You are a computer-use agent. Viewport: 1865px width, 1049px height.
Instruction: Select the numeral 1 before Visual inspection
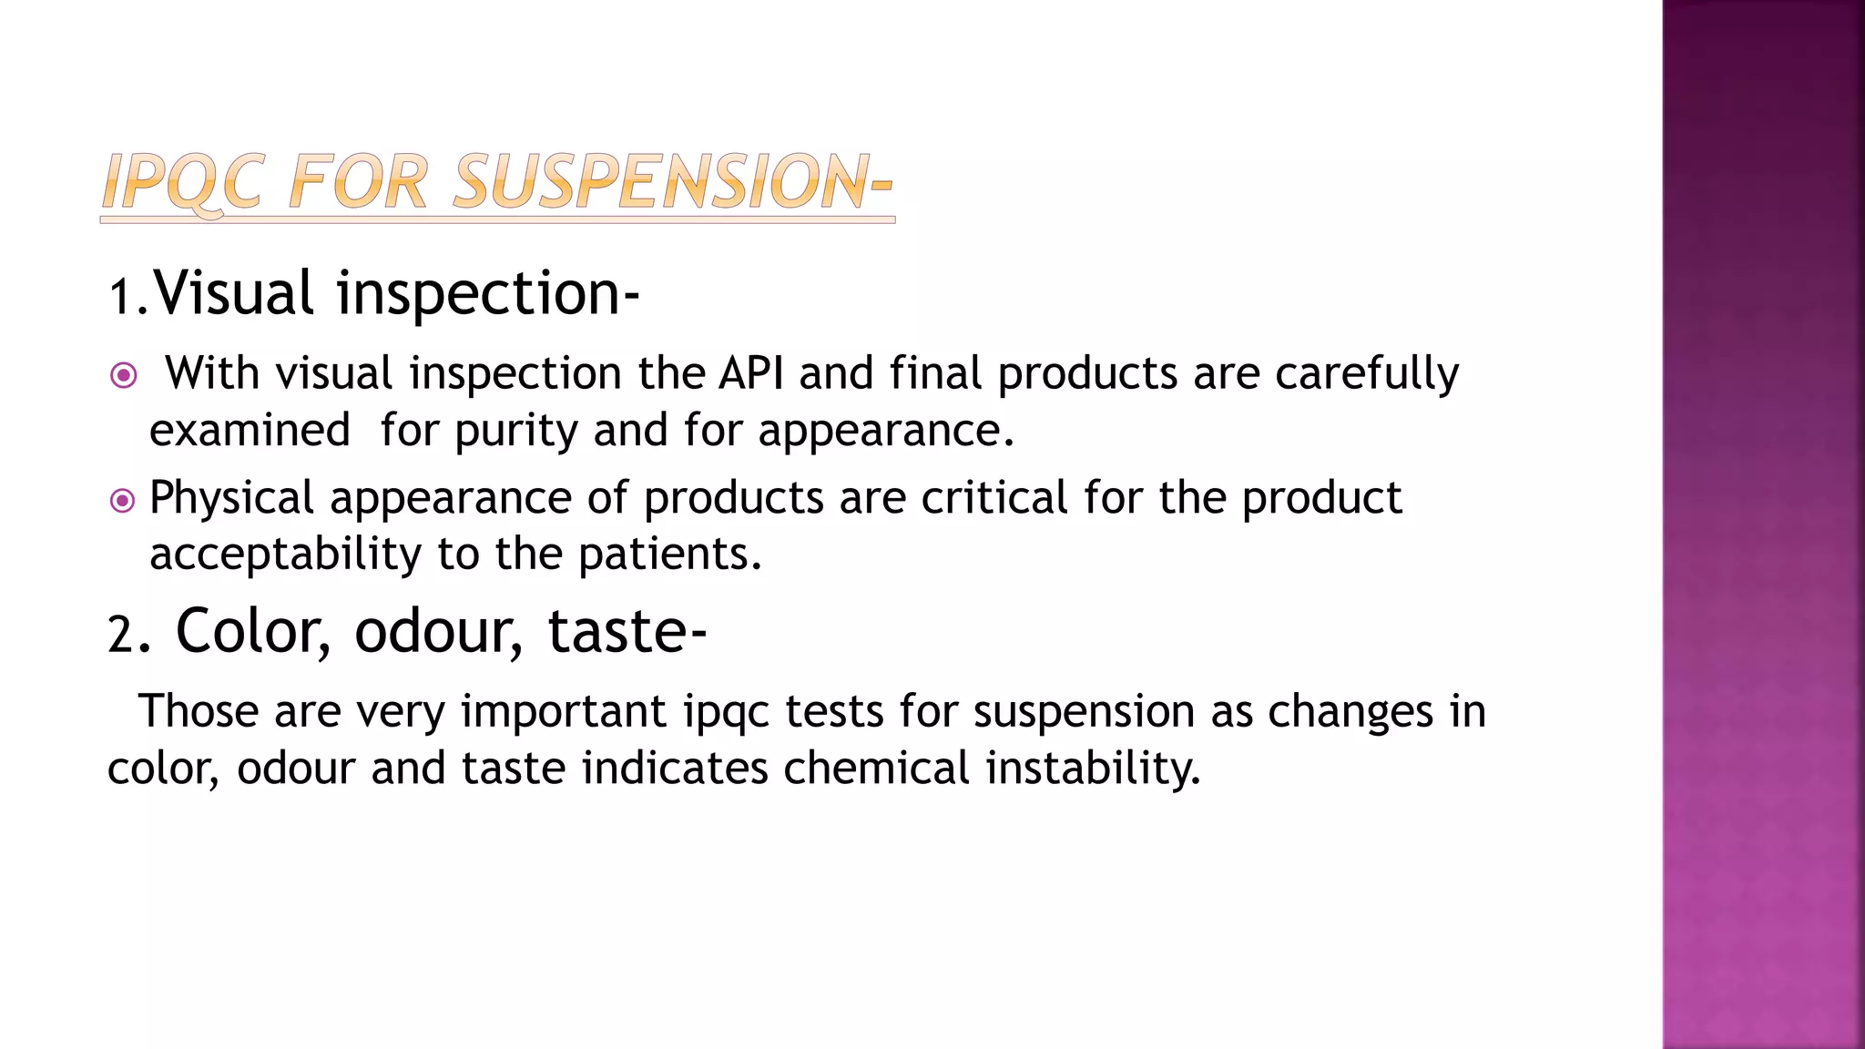(x=119, y=297)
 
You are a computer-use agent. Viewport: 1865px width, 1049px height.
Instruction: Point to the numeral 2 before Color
(x=120, y=634)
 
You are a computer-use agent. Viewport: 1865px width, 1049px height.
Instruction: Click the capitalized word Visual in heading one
(x=234, y=293)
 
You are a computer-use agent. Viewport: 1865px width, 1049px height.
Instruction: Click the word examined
(x=250, y=430)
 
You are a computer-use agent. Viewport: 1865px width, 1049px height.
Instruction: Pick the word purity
(x=515, y=432)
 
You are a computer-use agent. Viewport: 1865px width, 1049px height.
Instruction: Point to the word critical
(x=994, y=498)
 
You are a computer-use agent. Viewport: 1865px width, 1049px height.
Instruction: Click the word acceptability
(x=285, y=555)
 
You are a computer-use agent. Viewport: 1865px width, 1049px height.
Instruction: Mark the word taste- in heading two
(x=627, y=631)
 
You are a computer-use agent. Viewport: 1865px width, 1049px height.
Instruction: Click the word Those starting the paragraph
(x=199, y=711)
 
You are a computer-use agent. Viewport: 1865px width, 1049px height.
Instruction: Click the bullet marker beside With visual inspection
(x=123, y=375)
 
